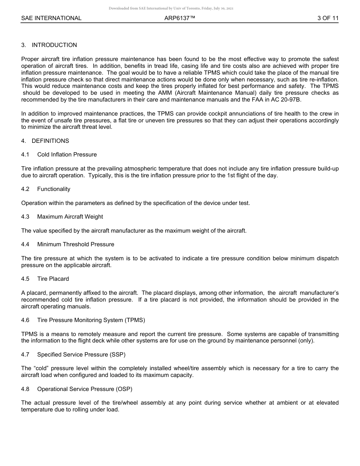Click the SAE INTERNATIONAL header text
pyautogui.click(x=51, y=18)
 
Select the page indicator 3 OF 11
pyautogui.click(x=328, y=18)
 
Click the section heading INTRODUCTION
pyautogui.click(x=54, y=45)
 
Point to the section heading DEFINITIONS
pyautogui.click(x=50, y=141)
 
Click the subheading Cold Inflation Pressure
pyautogui.click(x=67, y=155)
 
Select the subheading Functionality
pyautogui.click(x=54, y=189)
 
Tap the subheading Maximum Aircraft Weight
pyautogui.click(x=70, y=217)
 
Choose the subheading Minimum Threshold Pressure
pyautogui.click(x=76, y=244)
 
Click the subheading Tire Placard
pyautogui.click(x=53, y=279)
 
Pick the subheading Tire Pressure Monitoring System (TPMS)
pyautogui.click(x=91, y=320)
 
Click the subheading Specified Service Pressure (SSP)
pyautogui.click(x=81, y=355)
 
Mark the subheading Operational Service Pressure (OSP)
pyautogui.click(x=85, y=389)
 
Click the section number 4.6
pyautogui.click(x=25, y=320)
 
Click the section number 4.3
pyautogui.click(x=25, y=217)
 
